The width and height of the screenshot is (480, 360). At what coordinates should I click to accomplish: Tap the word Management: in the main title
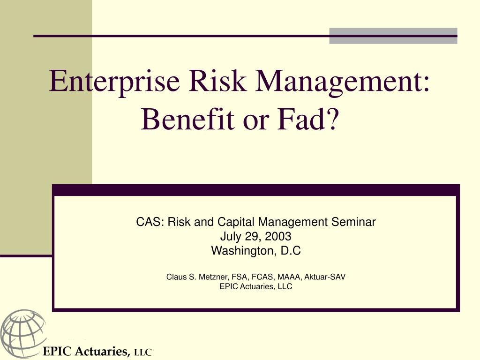(x=343, y=82)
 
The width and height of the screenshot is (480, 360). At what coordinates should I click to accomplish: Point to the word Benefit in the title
(x=187, y=119)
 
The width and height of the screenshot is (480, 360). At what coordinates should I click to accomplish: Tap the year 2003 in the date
(x=278, y=236)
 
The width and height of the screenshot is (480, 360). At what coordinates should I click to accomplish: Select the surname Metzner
(x=213, y=277)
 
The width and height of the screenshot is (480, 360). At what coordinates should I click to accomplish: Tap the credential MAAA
(x=289, y=277)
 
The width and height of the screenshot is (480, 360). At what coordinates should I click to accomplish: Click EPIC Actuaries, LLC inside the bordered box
(x=256, y=286)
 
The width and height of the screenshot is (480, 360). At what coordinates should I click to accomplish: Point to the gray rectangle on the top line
(x=393, y=36)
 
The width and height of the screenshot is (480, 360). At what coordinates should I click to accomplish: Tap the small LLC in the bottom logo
(x=143, y=352)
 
